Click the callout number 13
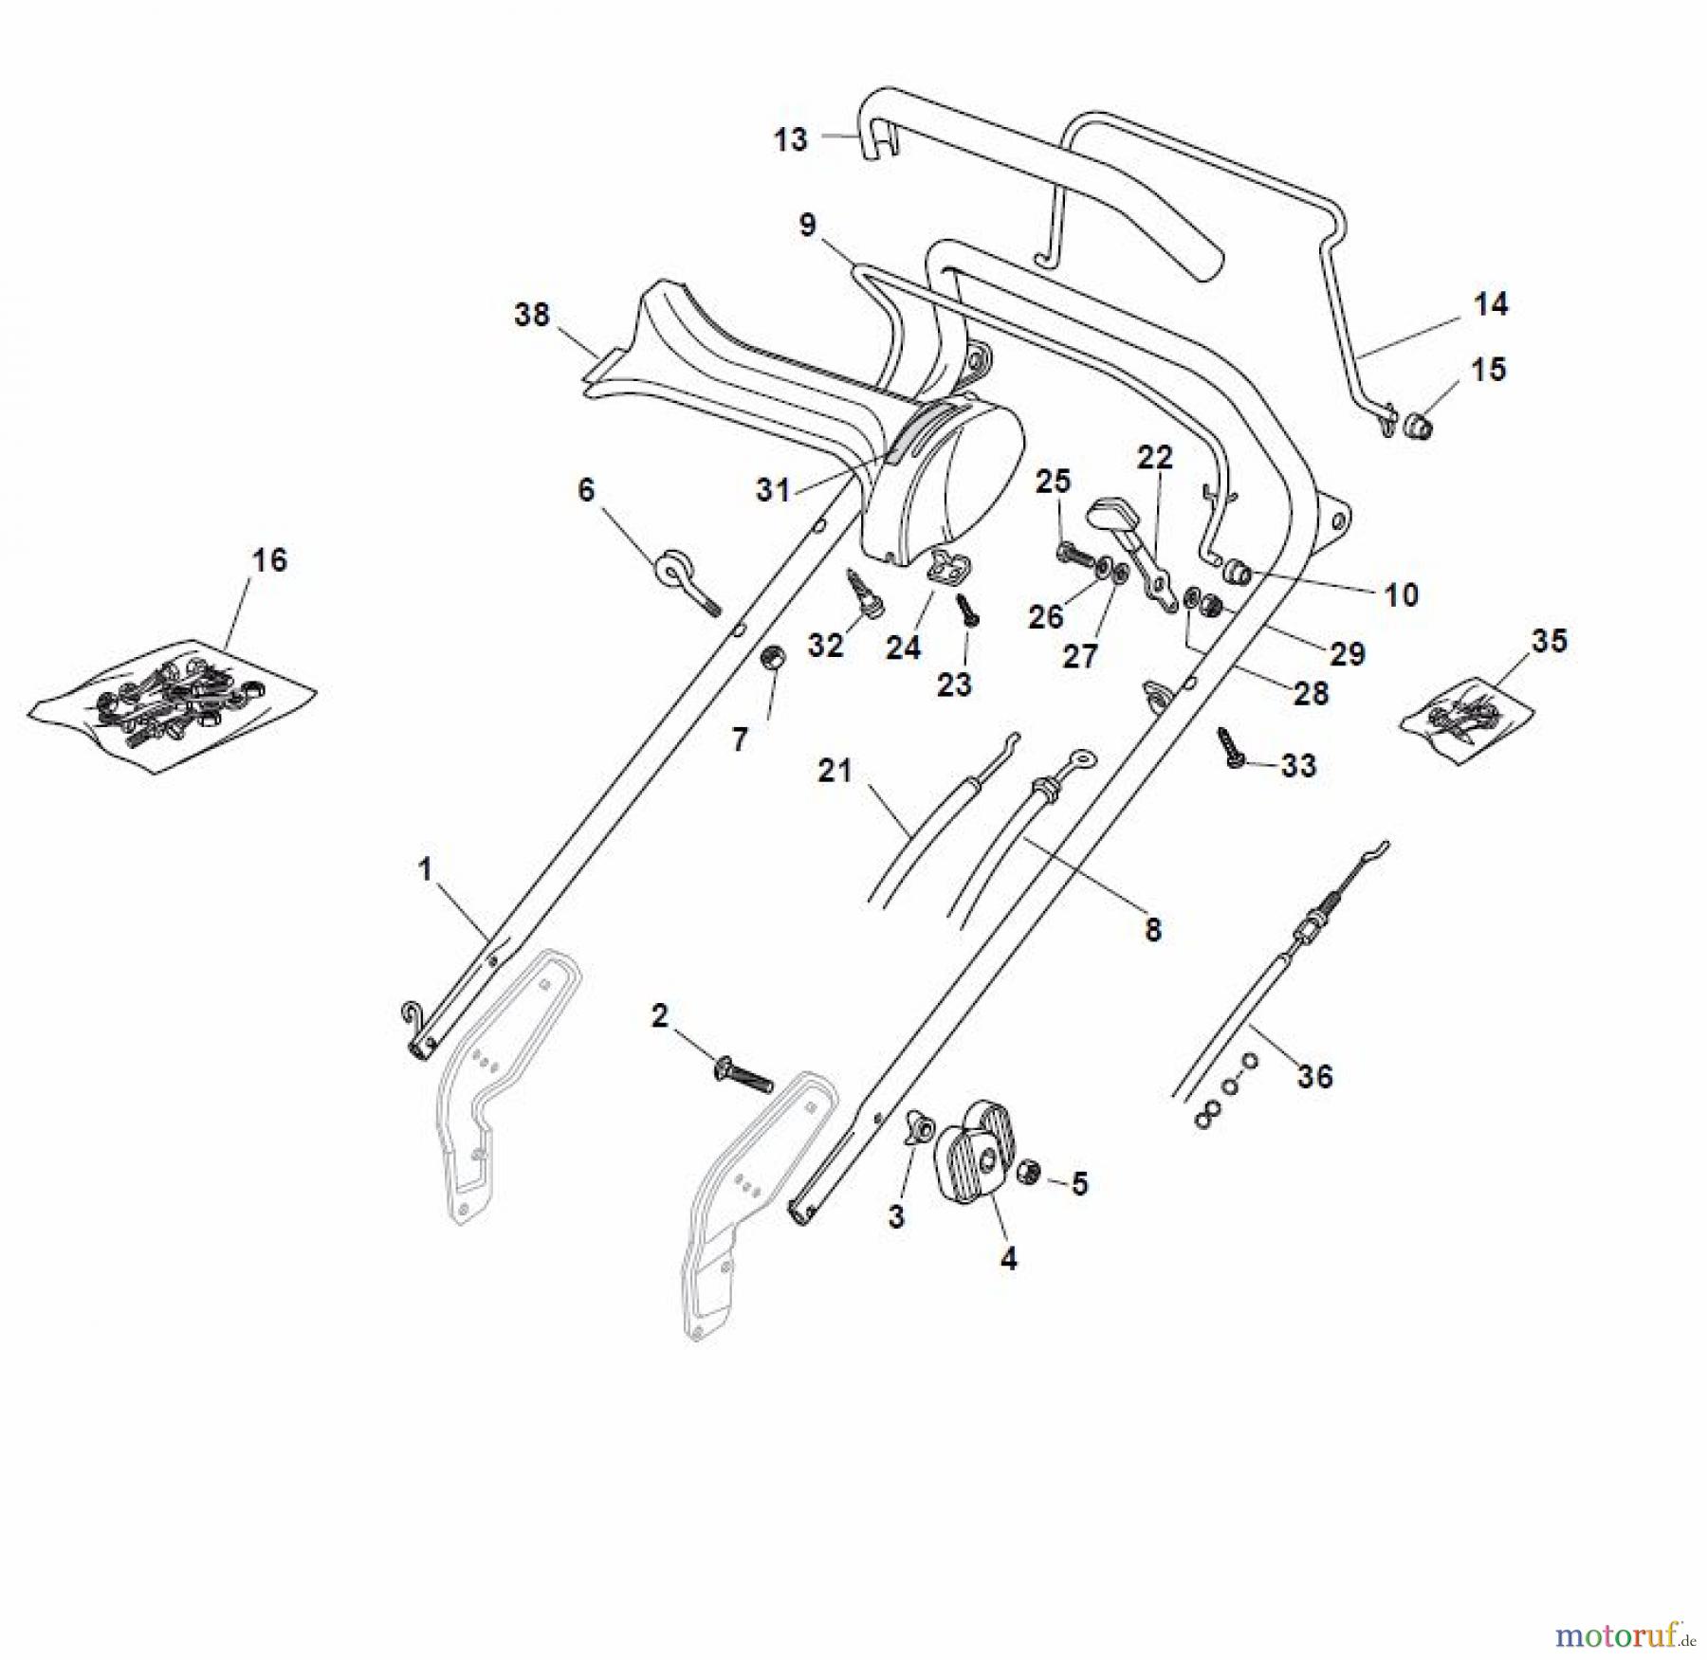790,140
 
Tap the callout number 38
532,315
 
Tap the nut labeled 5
1028,1175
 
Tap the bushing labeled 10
1237,574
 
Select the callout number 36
1315,1077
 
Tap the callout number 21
835,771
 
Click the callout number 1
425,869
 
